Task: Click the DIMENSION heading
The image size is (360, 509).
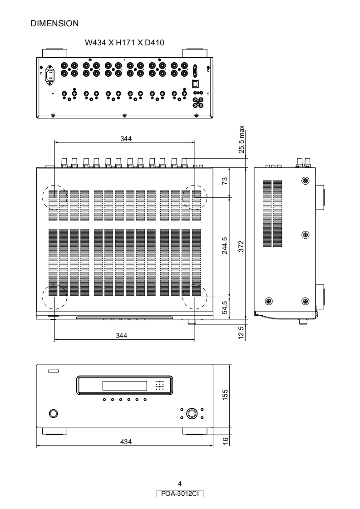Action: click(x=54, y=24)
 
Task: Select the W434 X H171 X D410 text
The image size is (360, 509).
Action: click(x=124, y=43)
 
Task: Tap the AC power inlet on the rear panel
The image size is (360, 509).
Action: click(x=50, y=76)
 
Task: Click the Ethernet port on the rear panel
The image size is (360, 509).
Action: click(x=196, y=83)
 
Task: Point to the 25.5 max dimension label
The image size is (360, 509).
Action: click(x=242, y=139)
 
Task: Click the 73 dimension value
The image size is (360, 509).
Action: click(x=225, y=181)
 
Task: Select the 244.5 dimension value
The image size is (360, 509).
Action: click(x=225, y=245)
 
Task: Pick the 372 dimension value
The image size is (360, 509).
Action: click(x=241, y=246)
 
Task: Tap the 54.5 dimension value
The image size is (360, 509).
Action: click(x=225, y=308)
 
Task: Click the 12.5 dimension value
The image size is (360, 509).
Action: click(x=241, y=333)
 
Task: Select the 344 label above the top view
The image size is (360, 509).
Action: click(x=126, y=139)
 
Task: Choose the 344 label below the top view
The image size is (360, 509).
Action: click(x=122, y=335)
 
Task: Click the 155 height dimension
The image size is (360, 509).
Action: click(x=225, y=395)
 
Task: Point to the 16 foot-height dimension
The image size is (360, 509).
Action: click(x=225, y=441)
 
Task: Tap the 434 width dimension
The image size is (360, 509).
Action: click(x=126, y=441)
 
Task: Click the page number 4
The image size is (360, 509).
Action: click(x=180, y=484)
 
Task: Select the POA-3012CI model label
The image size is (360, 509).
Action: click(x=180, y=494)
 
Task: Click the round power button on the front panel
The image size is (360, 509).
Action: click(x=53, y=413)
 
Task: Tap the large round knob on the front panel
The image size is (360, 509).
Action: click(x=192, y=413)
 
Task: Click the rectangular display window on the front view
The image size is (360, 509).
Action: click(x=125, y=386)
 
